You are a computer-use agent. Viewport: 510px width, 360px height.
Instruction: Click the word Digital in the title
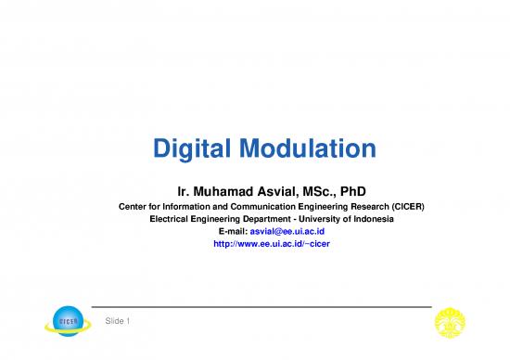point(189,148)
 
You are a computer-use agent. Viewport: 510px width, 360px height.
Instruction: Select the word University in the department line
point(300,218)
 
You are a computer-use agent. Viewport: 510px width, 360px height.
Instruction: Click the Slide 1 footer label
point(116,321)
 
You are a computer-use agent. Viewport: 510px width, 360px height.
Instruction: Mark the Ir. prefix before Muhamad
point(170,186)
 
